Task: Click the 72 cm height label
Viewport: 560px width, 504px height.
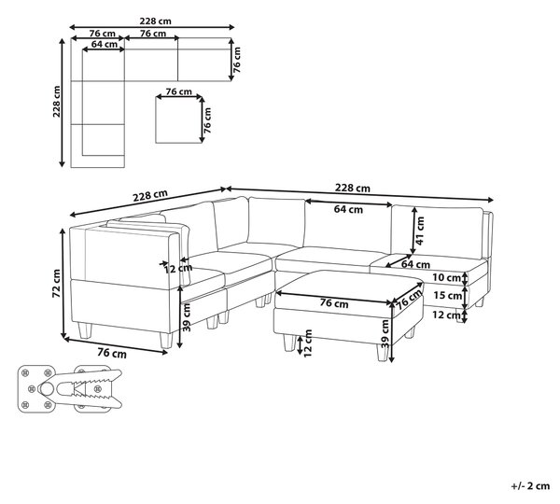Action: pyautogui.click(x=57, y=283)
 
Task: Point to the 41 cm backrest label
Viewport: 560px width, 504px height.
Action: pyautogui.click(x=420, y=231)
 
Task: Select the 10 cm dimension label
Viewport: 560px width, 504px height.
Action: pyautogui.click(x=446, y=277)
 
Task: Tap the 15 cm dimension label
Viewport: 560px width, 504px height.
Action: pyautogui.click(x=448, y=295)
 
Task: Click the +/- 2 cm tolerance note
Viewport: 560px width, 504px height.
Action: pyautogui.click(x=530, y=485)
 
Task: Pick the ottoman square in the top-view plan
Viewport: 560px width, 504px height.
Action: pyautogui.click(x=178, y=119)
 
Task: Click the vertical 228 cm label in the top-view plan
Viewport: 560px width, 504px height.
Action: pyautogui.click(x=56, y=102)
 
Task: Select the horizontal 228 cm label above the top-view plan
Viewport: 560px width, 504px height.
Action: pyautogui.click(x=155, y=21)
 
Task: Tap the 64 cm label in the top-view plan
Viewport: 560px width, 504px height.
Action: pyautogui.click(x=105, y=44)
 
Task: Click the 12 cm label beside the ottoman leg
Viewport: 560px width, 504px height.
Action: pyautogui.click(x=308, y=343)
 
